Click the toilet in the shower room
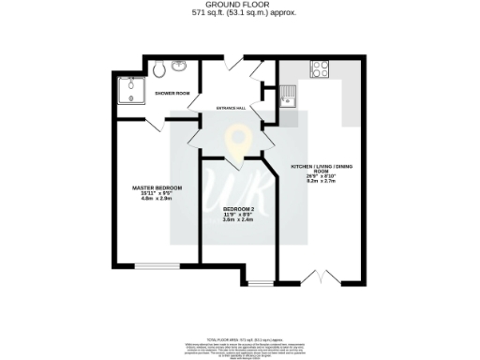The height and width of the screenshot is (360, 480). click(159, 67)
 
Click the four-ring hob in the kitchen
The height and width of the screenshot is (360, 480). click(319, 68)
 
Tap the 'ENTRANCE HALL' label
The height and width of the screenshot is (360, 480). click(232, 108)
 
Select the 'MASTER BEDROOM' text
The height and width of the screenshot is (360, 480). click(156, 188)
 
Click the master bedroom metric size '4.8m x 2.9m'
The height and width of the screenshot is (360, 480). click(156, 199)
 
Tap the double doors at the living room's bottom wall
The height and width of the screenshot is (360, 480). click(321, 278)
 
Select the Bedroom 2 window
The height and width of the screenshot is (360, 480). click(260, 281)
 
